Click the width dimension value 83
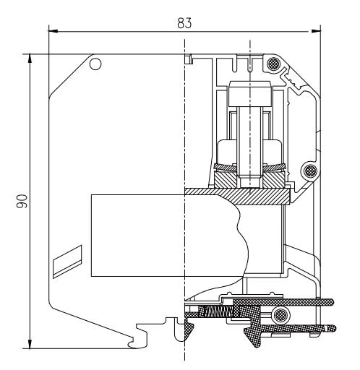click(x=184, y=22)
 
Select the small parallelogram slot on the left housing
click(x=66, y=259)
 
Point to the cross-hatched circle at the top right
click(x=273, y=64)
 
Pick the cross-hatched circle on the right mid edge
click(x=309, y=171)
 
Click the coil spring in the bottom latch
click(x=218, y=311)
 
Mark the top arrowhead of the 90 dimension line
click(x=30, y=57)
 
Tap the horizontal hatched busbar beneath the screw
click(x=239, y=193)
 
